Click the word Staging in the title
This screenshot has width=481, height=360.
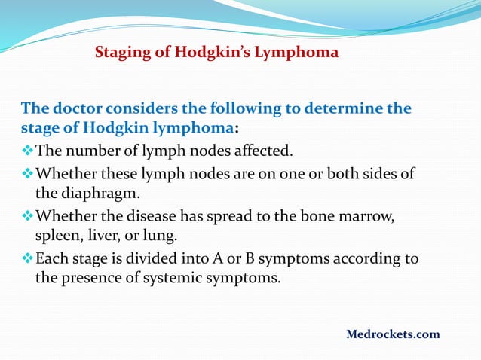tap(121, 53)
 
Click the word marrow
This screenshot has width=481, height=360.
tap(366, 217)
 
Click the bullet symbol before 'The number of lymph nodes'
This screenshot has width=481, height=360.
tap(27, 148)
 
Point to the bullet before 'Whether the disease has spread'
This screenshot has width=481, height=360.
tap(27, 217)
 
